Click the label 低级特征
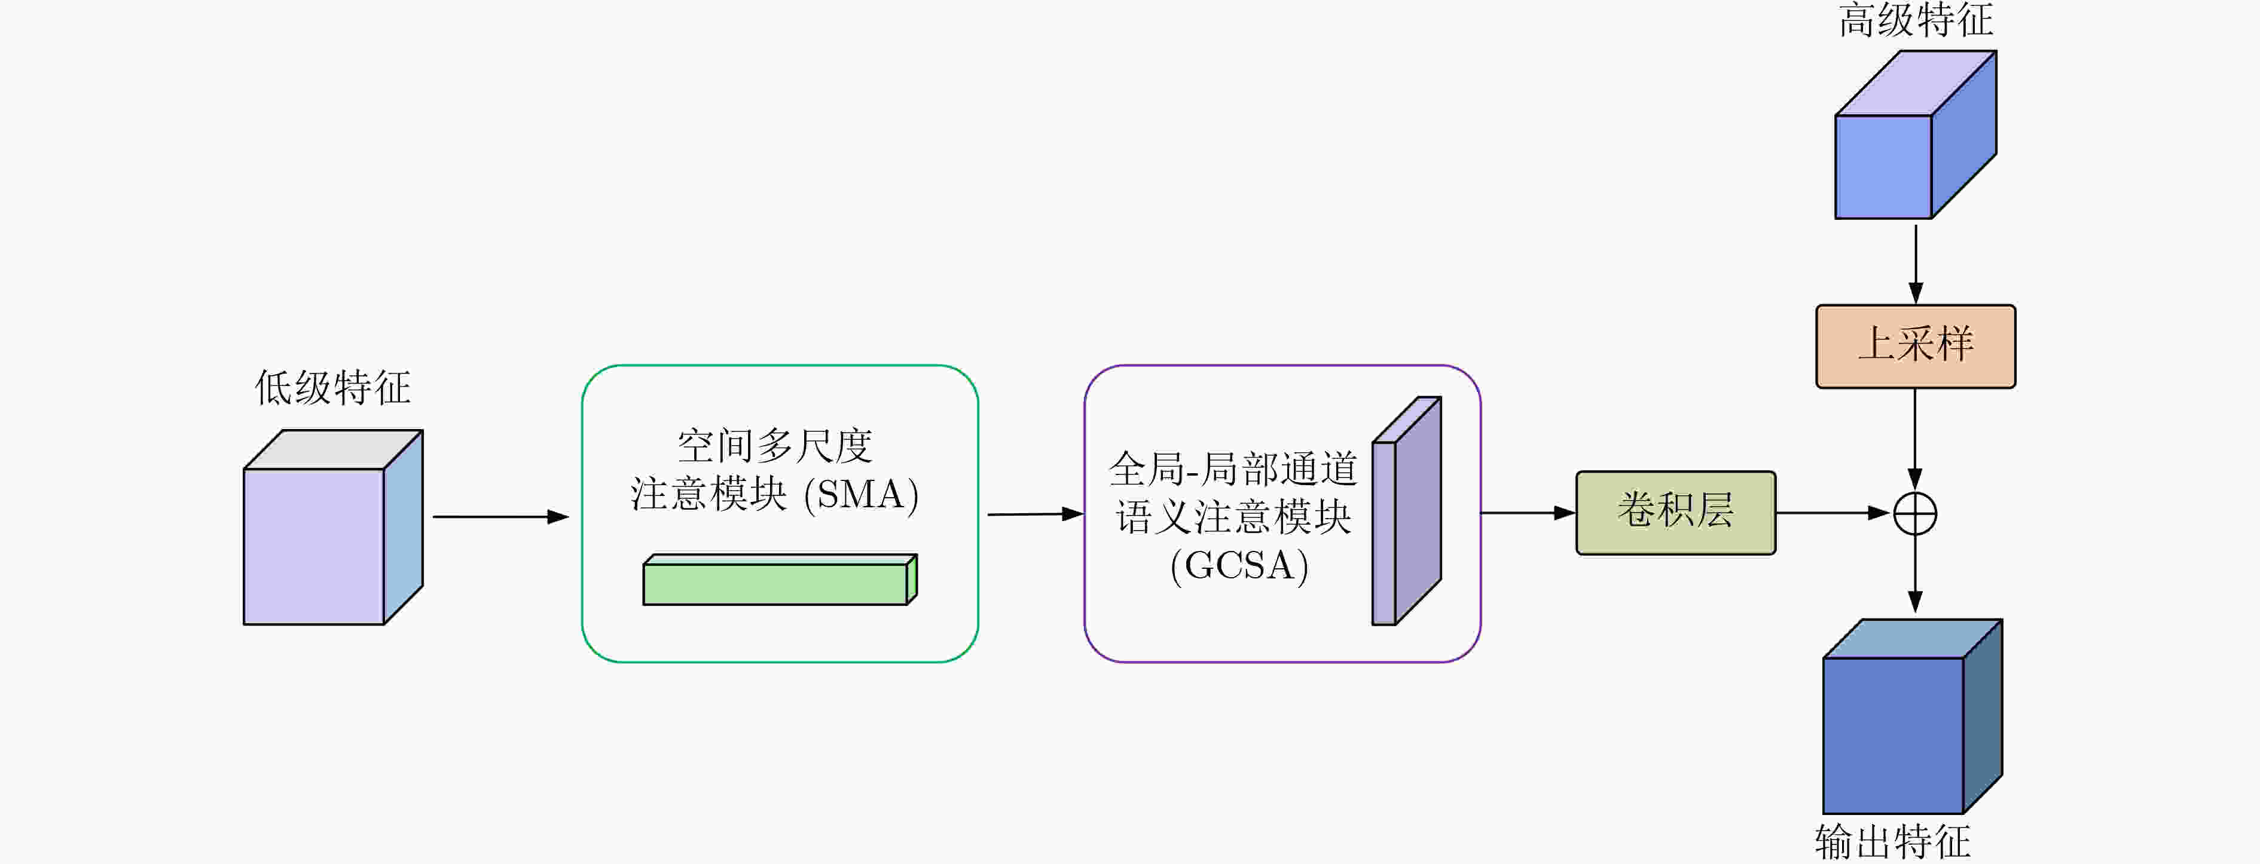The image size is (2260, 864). click(x=332, y=387)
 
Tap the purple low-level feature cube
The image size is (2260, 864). click(x=334, y=527)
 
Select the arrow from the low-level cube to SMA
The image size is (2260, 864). click(x=501, y=517)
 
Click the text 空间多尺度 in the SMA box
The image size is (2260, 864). click(x=775, y=446)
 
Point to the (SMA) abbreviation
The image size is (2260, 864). click(x=862, y=494)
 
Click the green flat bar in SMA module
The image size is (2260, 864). click(x=780, y=579)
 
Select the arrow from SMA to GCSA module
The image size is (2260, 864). click(x=1036, y=514)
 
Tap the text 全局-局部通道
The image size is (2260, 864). click(x=1233, y=468)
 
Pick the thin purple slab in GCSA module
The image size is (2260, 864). click(x=1406, y=510)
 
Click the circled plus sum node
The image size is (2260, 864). click(x=1915, y=514)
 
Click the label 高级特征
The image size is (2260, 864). click(x=1915, y=19)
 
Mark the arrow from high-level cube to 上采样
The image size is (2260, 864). click(x=1915, y=265)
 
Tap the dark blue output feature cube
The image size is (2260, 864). click(x=1913, y=716)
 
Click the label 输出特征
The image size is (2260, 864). click(x=1892, y=841)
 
